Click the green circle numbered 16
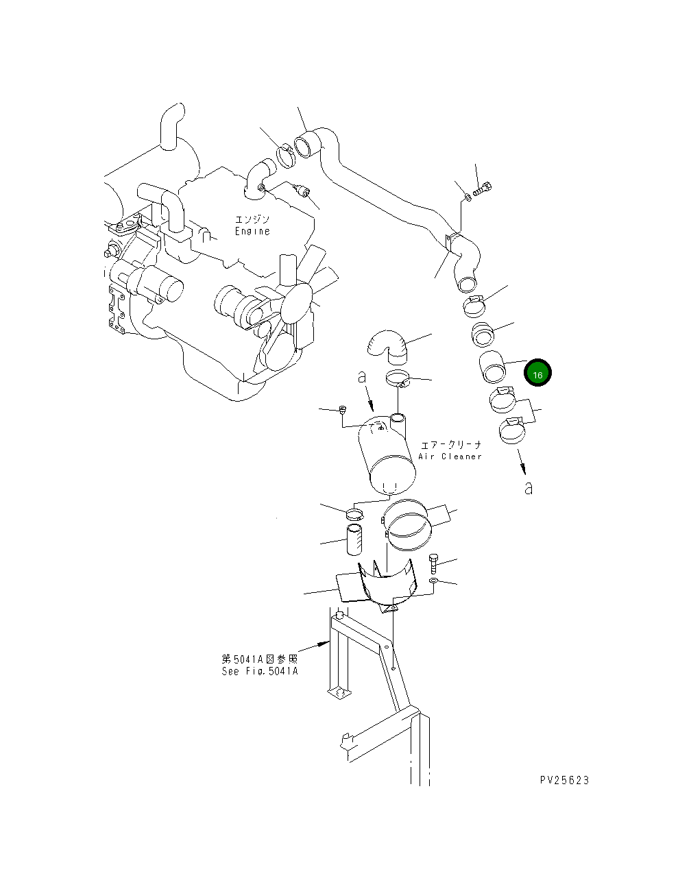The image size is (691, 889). point(537,374)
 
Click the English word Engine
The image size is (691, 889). point(252,232)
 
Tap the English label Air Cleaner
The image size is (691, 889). point(450,456)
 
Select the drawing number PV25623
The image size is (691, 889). point(564,780)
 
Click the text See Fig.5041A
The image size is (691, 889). point(260,671)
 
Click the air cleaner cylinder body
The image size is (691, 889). point(388,456)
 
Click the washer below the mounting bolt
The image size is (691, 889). point(433,582)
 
